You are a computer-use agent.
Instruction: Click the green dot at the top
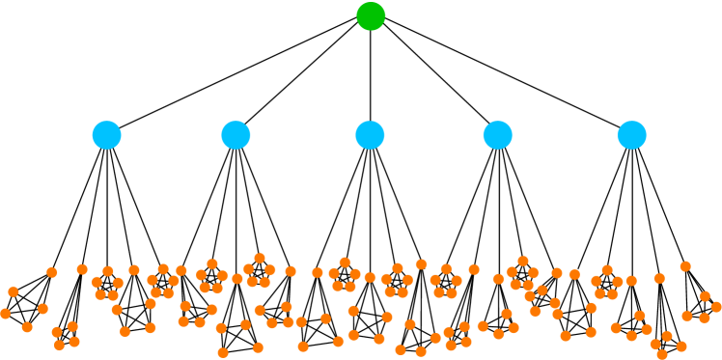pos(371,16)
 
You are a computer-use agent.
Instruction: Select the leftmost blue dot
pos(106,135)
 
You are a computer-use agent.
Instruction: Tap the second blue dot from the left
pos(236,135)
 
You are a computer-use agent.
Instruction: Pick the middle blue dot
pos(370,135)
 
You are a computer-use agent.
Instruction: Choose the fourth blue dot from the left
pos(497,135)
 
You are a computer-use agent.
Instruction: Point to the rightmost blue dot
pos(631,135)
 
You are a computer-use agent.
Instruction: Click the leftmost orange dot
pos(5,314)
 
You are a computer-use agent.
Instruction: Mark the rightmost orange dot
pos(716,306)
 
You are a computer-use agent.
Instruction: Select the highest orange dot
pos(260,258)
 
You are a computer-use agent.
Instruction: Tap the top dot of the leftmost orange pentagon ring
pos(108,271)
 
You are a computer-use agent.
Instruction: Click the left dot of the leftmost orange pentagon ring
pos(97,282)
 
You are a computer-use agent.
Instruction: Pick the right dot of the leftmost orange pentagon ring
pos(119,283)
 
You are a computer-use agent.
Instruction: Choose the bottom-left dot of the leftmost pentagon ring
pos(100,294)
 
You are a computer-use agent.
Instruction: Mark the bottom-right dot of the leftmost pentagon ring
pos(114,295)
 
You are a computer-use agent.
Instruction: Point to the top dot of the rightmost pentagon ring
pos(607,270)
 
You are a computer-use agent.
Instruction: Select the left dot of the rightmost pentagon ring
pos(596,281)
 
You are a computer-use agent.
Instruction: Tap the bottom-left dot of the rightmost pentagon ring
pos(599,293)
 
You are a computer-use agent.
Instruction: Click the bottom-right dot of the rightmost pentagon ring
pos(613,293)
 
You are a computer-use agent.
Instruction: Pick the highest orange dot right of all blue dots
pos(685,266)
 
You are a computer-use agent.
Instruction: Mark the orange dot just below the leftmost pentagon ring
pos(117,310)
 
